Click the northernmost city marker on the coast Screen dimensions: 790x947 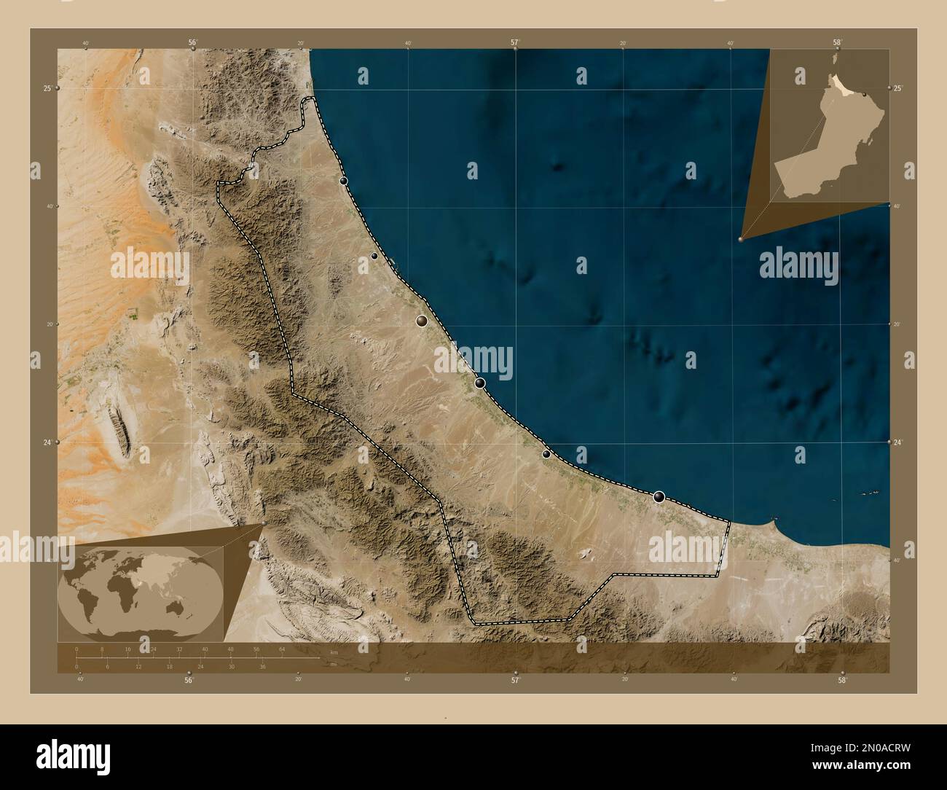[x=343, y=181]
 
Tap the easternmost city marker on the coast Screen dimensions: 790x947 [x=659, y=497]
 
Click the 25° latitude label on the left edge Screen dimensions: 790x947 [x=47, y=88]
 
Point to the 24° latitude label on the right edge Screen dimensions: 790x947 [x=898, y=442]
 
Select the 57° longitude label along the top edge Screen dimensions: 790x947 [x=514, y=42]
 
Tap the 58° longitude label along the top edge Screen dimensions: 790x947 [x=838, y=42]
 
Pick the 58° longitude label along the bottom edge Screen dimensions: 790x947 [x=843, y=681]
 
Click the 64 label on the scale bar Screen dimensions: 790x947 [x=282, y=649]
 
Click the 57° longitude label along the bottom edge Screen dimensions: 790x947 [x=515, y=681]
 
